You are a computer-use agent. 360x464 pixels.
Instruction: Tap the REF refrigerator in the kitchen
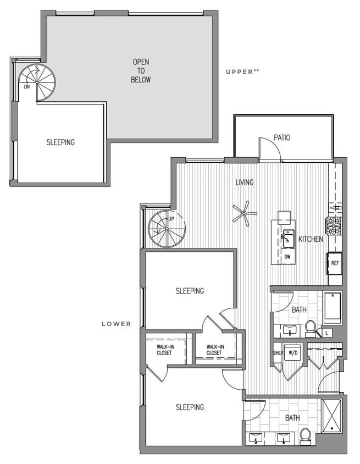pos(335,263)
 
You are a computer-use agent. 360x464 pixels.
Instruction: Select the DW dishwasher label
pos(287,257)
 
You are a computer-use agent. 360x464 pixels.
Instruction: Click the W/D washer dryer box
pos(292,352)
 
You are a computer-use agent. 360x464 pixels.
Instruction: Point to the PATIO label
pos(282,137)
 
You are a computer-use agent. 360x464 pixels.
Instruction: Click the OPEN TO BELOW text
pos(141,71)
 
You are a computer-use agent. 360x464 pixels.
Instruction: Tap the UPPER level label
pos(242,71)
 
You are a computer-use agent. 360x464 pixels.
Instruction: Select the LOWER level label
pos(117,324)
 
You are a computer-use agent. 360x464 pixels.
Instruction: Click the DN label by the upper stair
pos(27,87)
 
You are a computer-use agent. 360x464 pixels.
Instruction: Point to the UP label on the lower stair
pos(171,219)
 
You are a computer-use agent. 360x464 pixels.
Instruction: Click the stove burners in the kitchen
pos(334,227)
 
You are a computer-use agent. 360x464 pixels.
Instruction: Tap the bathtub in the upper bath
pos(332,308)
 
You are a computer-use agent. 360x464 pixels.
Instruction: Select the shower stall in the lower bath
pos(331,416)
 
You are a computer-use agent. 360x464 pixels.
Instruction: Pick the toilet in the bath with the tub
pos(311,328)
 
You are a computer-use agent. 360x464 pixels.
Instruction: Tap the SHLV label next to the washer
pos(278,353)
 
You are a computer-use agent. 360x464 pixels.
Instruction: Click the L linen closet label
pos(326,333)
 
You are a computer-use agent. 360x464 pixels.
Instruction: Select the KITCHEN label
pos(311,239)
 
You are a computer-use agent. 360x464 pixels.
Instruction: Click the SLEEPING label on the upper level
pos(60,142)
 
